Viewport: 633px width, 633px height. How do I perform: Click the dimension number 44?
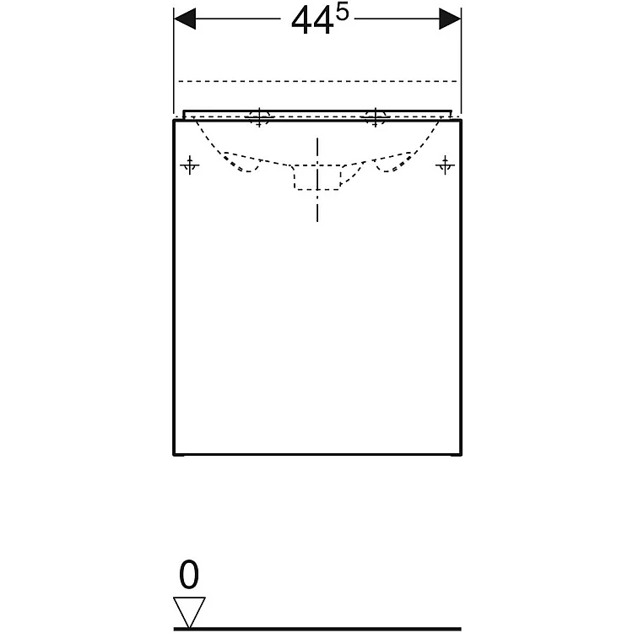pos(312,22)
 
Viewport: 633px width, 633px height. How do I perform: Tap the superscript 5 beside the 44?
pos(342,14)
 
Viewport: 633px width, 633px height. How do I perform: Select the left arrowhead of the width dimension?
pos(185,19)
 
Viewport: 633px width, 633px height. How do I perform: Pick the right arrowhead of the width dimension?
pos(450,19)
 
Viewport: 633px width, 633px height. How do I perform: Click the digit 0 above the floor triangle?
pos(189,575)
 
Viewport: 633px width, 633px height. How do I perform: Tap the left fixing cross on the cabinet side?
pos(190,165)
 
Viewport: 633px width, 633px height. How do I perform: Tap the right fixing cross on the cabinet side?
pos(445,165)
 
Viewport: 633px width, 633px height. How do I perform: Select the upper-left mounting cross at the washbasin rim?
pos(259,117)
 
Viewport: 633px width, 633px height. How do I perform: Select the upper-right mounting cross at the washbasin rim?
pos(375,117)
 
